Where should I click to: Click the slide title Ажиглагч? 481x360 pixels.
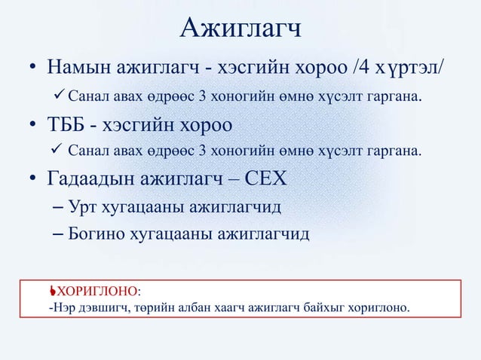(x=240, y=28)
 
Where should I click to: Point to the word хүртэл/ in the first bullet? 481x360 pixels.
(x=414, y=70)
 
